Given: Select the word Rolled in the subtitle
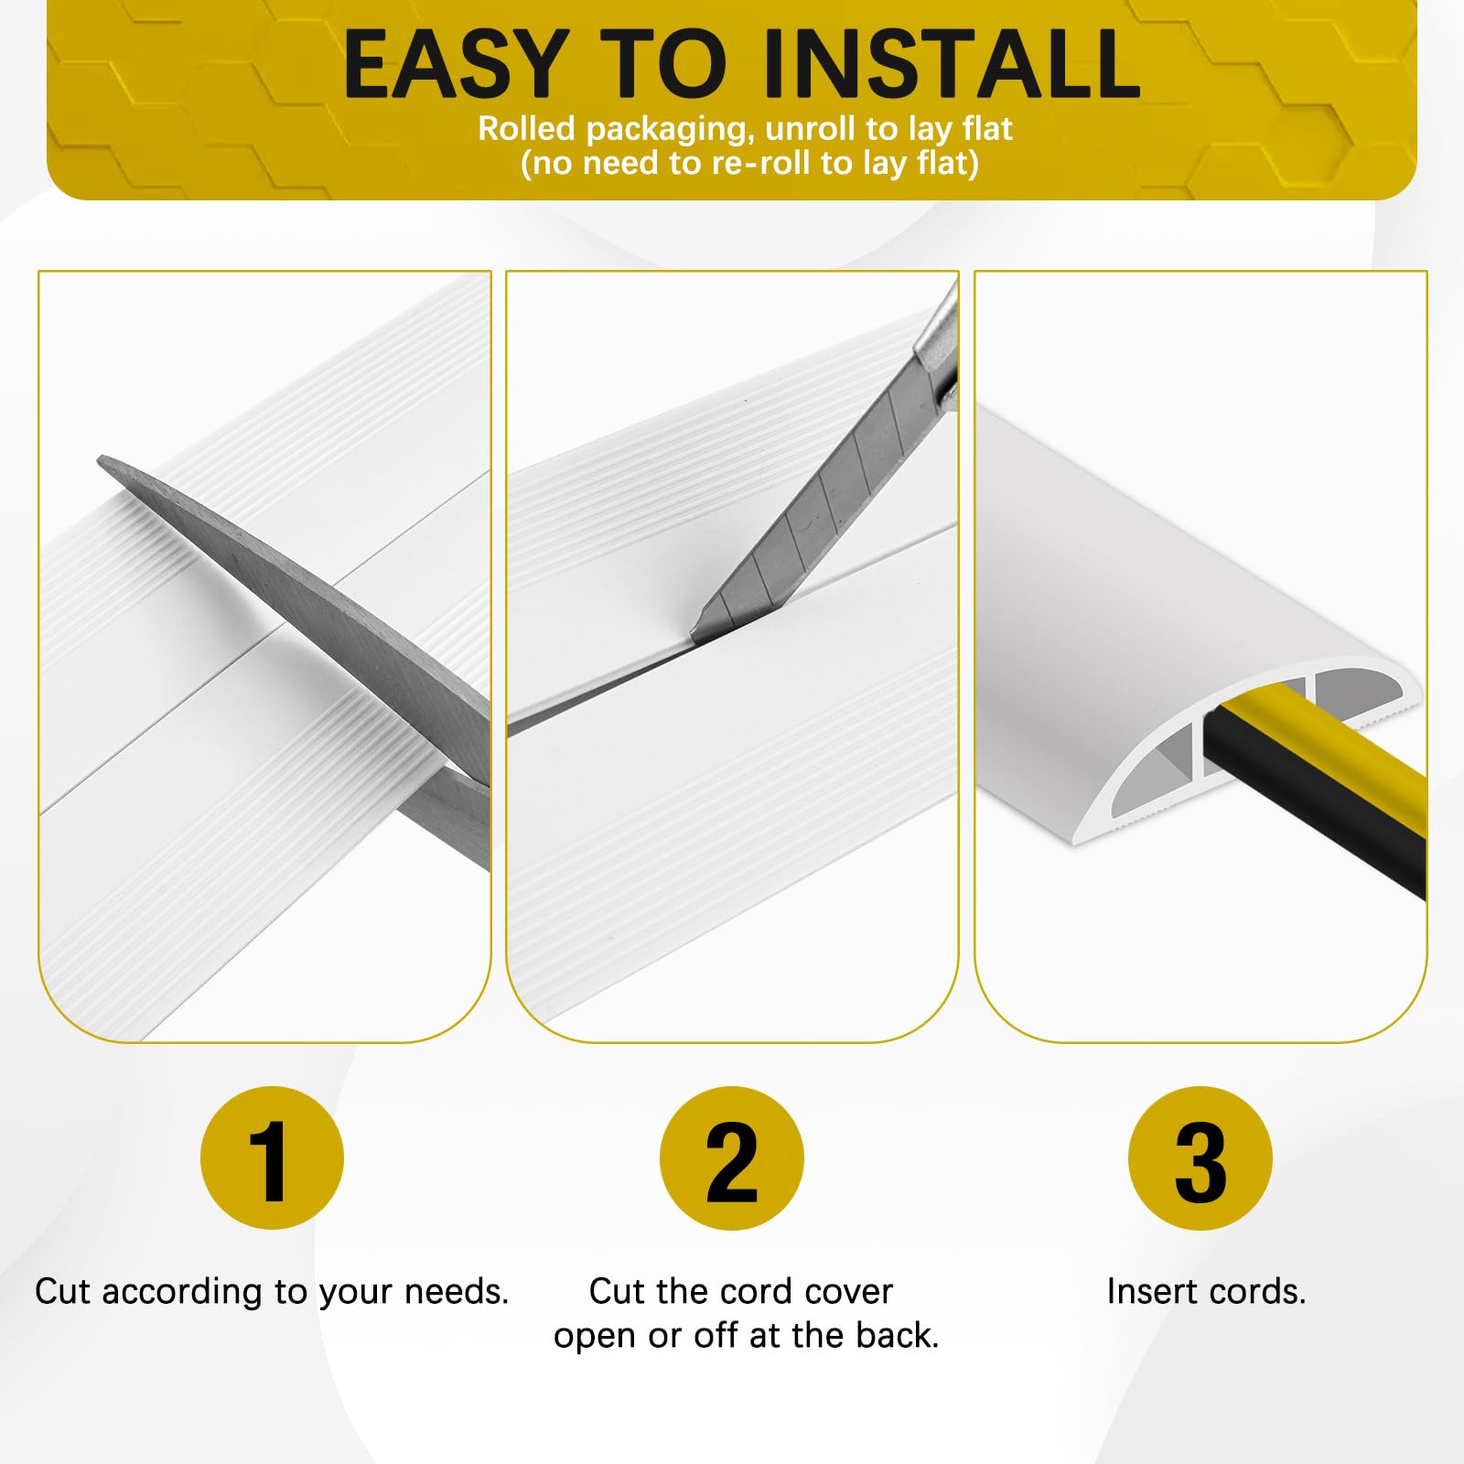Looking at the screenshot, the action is pyautogui.click(x=527, y=129).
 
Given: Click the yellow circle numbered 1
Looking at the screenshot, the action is pyautogui.click(x=272, y=1158).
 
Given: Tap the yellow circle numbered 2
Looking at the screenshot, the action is pyautogui.click(x=732, y=1158).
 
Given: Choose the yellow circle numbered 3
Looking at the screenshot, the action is pyautogui.click(x=1200, y=1158).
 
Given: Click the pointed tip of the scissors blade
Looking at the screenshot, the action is pyautogui.click(x=101, y=460).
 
